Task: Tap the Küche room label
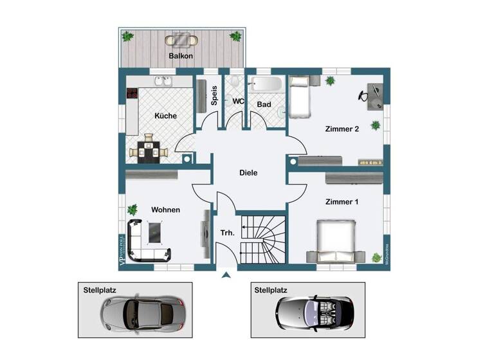click(166, 116)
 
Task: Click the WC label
click(237, 101)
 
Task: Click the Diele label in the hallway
click(248, 172)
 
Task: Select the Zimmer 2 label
click(342, 129)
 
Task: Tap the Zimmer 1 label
click(342, 202)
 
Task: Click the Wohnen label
click(165, 210)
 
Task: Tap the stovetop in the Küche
click(132, 94)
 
